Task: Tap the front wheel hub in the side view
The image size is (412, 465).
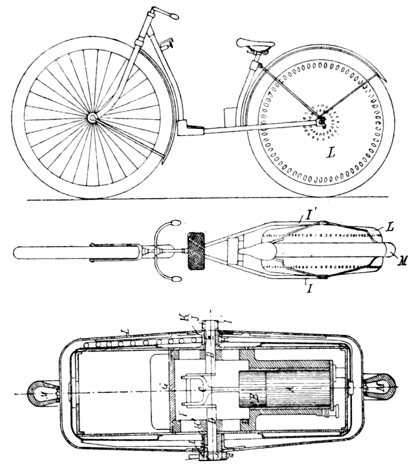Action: pos(93,118)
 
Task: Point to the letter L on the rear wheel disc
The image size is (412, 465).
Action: pos(331,153)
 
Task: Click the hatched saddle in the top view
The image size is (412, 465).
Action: pos(195,251)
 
